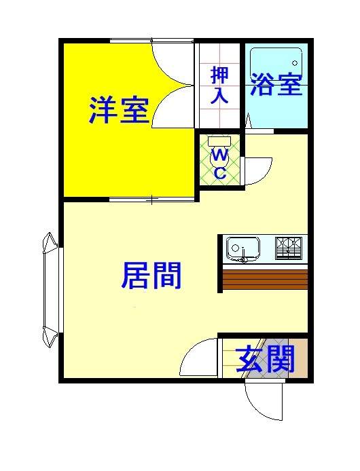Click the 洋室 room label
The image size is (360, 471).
[119, 110]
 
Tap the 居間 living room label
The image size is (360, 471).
[151, 276]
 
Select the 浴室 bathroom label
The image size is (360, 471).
[276, 84]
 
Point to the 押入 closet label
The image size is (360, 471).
[219, 86]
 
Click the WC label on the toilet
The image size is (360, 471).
[220, 164]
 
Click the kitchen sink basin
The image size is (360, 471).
[243, 248]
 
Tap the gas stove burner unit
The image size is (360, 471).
[289, 248]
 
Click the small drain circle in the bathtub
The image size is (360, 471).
[295, 63]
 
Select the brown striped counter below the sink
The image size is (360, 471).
[265, 280]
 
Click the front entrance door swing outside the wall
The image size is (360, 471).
[264, 400]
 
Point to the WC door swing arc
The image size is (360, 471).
[258, 171]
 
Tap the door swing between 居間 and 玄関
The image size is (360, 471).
[198, 357]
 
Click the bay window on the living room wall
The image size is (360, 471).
[50, 290]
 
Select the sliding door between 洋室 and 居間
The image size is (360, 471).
[151, 199]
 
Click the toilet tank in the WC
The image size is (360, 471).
[220, 140]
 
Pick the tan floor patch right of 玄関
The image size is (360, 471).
[301, 358]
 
